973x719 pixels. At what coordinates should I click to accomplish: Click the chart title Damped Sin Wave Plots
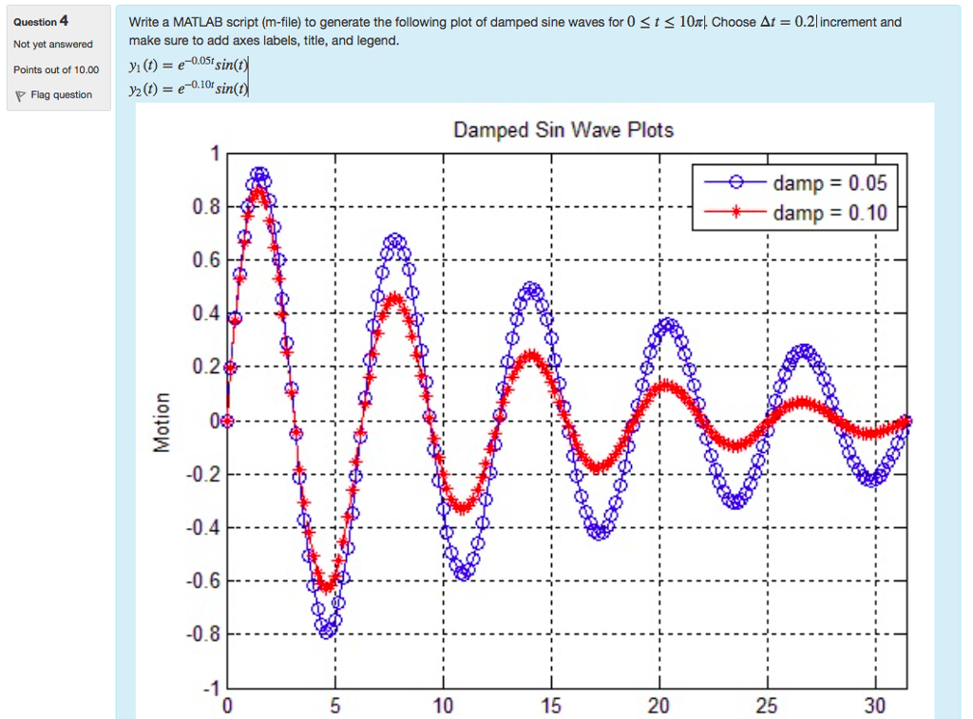click(x=563, y=130)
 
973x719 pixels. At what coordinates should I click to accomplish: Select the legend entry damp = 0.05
click(x=829, y=183)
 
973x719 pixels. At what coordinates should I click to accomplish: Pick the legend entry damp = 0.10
click(x=829, y=213)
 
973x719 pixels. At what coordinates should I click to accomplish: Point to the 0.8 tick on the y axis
click(x=205, y=207)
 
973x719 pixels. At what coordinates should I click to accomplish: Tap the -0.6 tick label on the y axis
click(x=202, y=580)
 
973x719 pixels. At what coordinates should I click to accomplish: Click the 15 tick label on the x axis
click(x=551, y=706)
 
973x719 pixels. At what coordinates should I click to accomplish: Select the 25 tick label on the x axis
click(x=767, y=706)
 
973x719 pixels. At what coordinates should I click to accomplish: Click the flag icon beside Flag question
click(x=19, y=95)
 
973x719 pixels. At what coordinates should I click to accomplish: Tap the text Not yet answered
click(x=53, y=45)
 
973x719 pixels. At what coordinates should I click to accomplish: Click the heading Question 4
click(x=41, y=21)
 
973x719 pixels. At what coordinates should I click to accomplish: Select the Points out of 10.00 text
click(x=56, y=69)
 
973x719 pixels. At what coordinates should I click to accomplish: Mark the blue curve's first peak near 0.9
click(x=259, y=175)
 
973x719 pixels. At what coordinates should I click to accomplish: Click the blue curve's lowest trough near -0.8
click(x=328, y=630)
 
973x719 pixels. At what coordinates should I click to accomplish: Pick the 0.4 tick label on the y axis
click(x=205, y=313)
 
